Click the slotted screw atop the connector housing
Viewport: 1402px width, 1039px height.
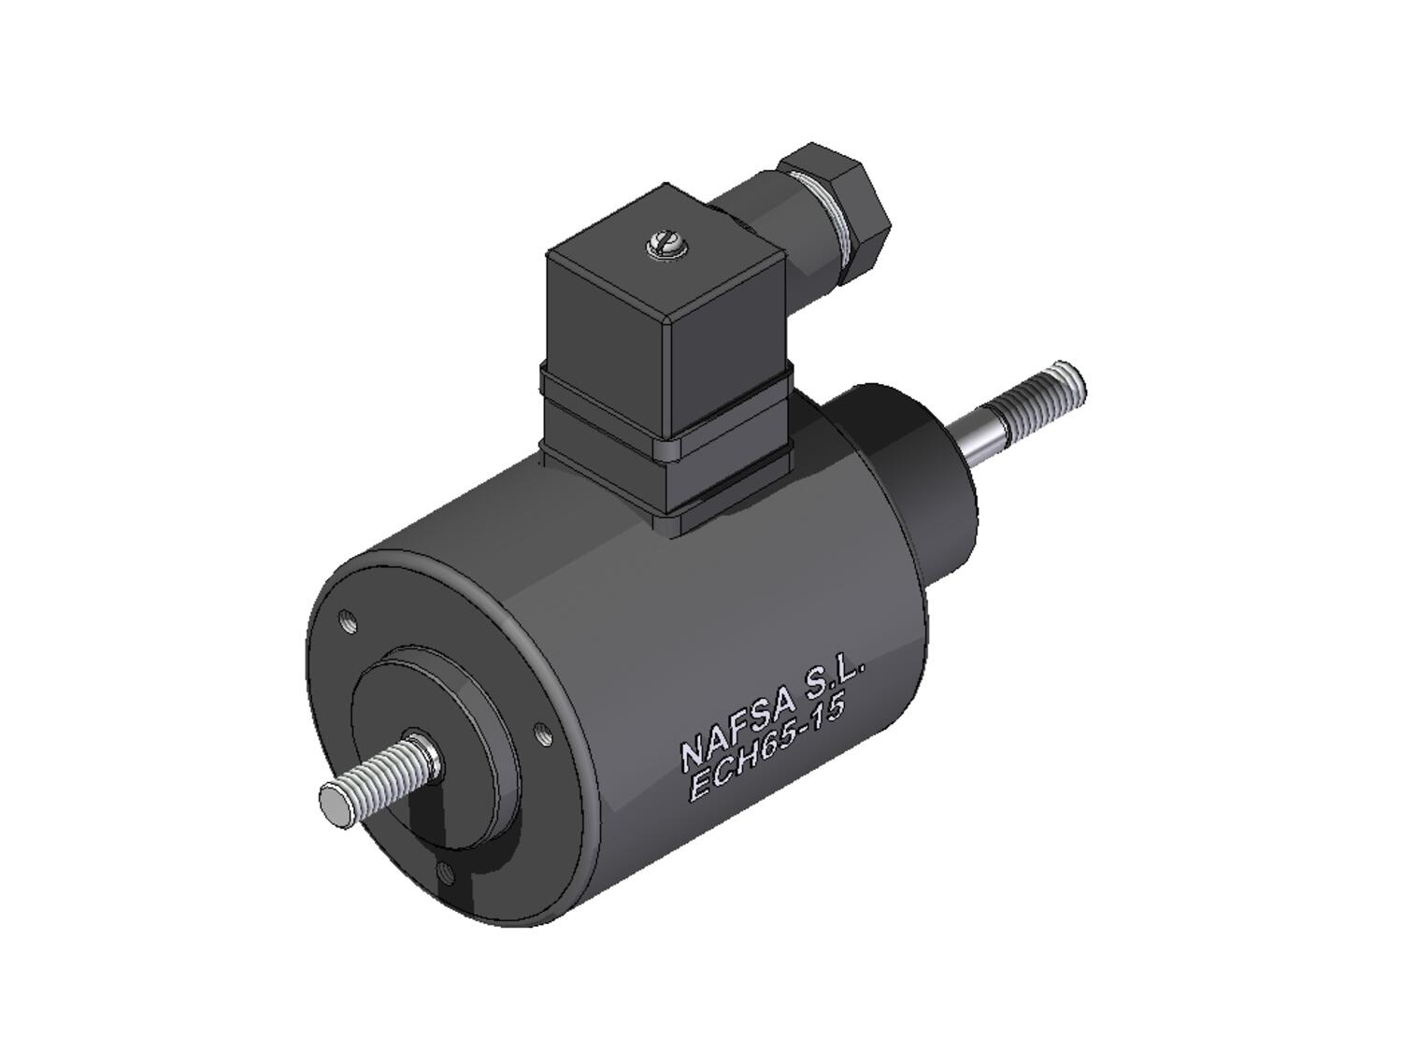point(665,245)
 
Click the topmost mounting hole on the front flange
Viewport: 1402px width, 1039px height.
point(348,620)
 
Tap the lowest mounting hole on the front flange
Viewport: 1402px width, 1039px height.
point(446,874)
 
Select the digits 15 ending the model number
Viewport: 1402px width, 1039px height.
point(829,712)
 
